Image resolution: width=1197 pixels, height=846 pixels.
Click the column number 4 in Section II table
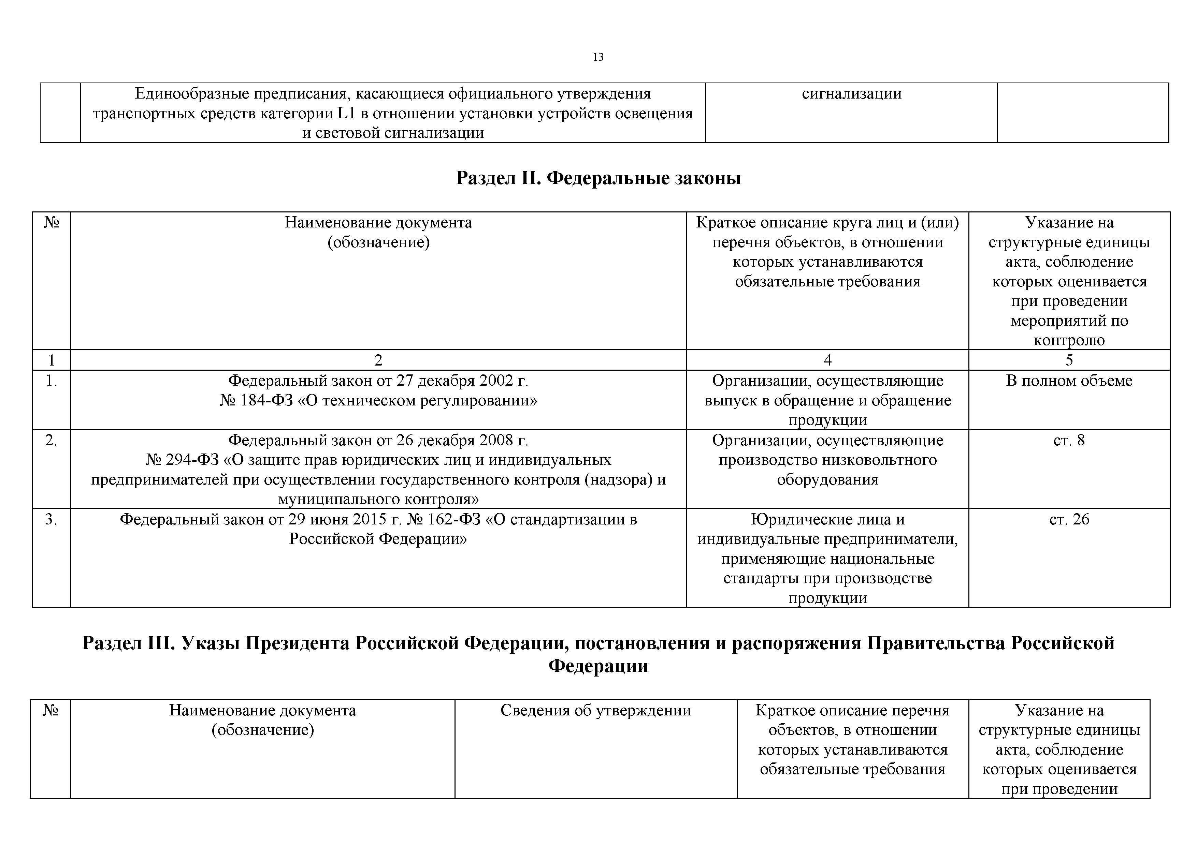tap(827, 360)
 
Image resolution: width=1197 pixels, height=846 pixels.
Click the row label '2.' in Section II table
tap(51, 441)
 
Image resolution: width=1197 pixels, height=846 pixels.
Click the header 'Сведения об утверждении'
tap(595, 711)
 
